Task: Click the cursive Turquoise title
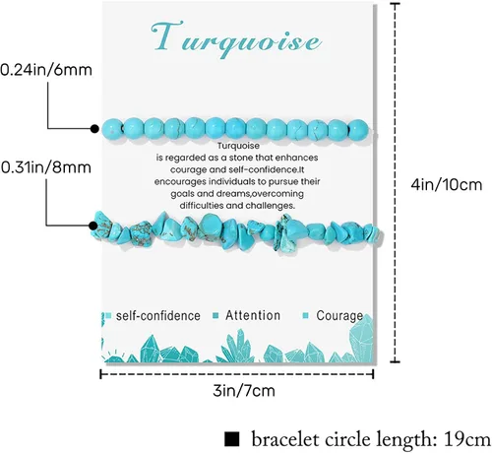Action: [236, 39]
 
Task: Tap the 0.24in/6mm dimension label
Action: [46, 70]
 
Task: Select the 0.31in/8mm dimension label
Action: [46, 167]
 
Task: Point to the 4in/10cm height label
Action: [447, 185]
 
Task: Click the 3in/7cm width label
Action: [244, 391]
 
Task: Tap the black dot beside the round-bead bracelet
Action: [94, 129]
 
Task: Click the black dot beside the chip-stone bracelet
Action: [93, 226]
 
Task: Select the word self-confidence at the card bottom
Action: [158, 316]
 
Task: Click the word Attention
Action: [253, 315]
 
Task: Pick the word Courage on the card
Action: [339, 316]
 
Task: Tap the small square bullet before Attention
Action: [215, 316]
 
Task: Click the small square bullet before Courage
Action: [305, 316]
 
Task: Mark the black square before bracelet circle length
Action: [232, 439]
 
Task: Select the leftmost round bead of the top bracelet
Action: [112, 129]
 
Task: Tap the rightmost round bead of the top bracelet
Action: [358, 129]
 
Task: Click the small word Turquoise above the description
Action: [238, 146]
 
